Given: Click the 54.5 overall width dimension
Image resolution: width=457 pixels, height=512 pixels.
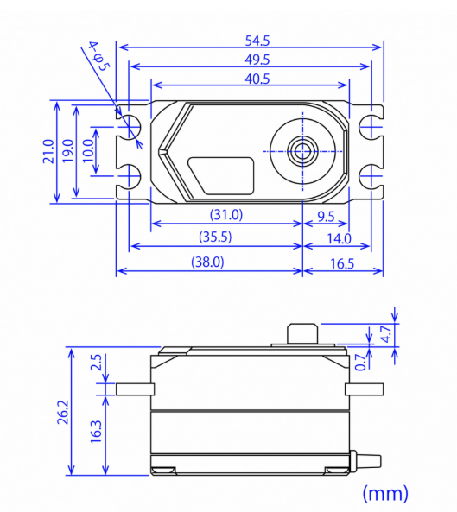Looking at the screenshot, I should pos(250,40).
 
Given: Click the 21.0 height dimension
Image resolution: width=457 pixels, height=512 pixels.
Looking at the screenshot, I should pos(48,151).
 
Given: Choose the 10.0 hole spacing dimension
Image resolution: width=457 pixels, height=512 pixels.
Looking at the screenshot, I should pos(88,151).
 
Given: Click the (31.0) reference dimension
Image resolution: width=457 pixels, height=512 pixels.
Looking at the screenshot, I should pos(226,215).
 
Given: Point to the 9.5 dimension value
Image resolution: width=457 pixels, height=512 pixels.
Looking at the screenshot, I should pos(327,215).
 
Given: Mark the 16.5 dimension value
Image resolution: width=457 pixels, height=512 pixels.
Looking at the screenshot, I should pos(343,262).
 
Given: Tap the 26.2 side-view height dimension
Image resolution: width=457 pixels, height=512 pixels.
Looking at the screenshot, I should pos(61,412).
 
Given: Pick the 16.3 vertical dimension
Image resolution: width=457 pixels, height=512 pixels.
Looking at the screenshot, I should pos(95,431).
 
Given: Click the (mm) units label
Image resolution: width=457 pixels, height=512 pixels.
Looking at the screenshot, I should pos(384,493).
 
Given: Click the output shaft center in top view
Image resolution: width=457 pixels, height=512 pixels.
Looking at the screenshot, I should pos(302,150).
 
